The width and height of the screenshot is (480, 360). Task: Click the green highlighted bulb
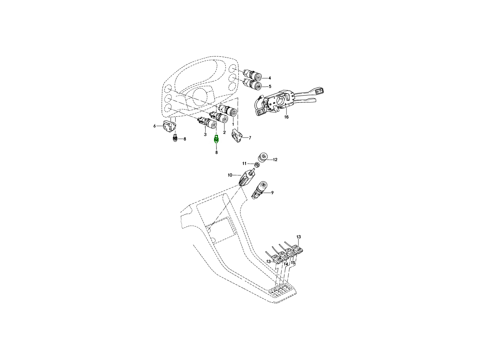click(x=216, y=140)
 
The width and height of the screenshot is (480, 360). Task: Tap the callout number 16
click(x=286, y=117)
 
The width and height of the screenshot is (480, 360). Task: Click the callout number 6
click(x=154, y=126)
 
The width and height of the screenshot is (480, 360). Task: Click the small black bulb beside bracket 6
click(x=175, y=138)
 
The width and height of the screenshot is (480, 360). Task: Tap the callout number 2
click(x=224, y=132)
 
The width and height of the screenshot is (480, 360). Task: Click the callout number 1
click(x=233, y=124)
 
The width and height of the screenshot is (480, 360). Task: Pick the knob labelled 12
click(x=264, y=158)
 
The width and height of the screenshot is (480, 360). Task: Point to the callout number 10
click(x=230, y=175)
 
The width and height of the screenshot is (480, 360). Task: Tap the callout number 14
click(x=286, y=264)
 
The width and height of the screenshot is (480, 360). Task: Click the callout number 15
click(x=293, y=263)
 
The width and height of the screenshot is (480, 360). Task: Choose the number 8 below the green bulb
click(x=216, y=152)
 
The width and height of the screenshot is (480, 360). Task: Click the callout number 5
click(x=270, y=86)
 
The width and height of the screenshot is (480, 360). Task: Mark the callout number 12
click(x=275, y=160)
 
